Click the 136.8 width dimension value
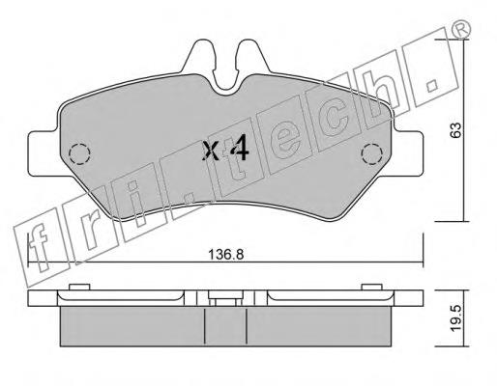(225, 255)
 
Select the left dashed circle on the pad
(79, 154)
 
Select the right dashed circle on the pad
(372, 154)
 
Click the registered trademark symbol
(461, 29)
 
